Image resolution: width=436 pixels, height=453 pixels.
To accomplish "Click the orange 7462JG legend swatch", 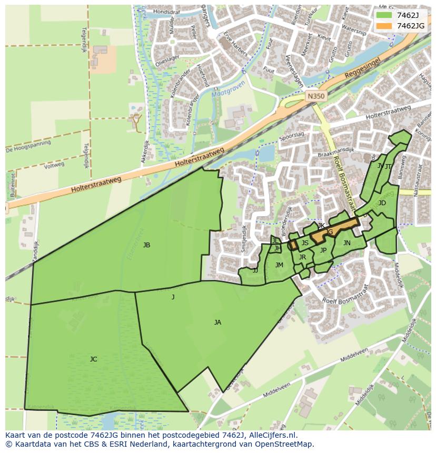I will [384, 26].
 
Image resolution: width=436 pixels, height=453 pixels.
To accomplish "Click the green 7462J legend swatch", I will [384, 15].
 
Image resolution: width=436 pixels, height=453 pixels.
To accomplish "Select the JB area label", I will [146, 245].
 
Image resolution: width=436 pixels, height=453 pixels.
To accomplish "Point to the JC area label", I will [93, 359].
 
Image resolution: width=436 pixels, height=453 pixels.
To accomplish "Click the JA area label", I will [217, 322].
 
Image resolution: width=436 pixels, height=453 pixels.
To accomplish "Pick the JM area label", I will [279, 265].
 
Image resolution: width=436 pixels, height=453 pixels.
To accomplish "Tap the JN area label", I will [346, 243].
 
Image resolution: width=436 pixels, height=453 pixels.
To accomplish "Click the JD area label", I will [382, 203].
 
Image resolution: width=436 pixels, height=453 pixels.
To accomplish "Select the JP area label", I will [323, 250].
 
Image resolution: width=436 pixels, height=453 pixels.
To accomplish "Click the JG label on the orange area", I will [330, 232].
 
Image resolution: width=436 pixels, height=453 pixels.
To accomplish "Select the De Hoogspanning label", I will [28, 146].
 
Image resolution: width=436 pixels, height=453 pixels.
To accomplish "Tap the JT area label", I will [388, 166].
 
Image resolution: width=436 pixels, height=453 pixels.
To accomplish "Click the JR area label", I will [302, 257].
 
